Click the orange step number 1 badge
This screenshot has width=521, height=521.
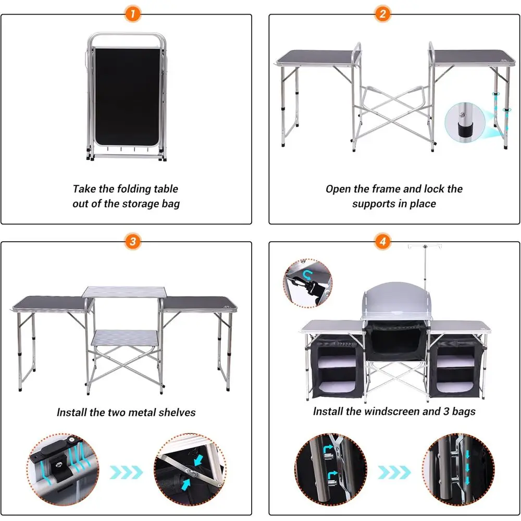[133, 14]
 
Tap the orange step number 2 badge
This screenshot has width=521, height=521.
[382, 14]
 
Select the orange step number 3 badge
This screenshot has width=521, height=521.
[133, 241]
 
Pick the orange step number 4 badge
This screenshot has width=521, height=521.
[383, 241]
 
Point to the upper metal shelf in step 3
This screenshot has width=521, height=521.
[125, 291]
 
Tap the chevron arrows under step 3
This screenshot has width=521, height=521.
[127, 473]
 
